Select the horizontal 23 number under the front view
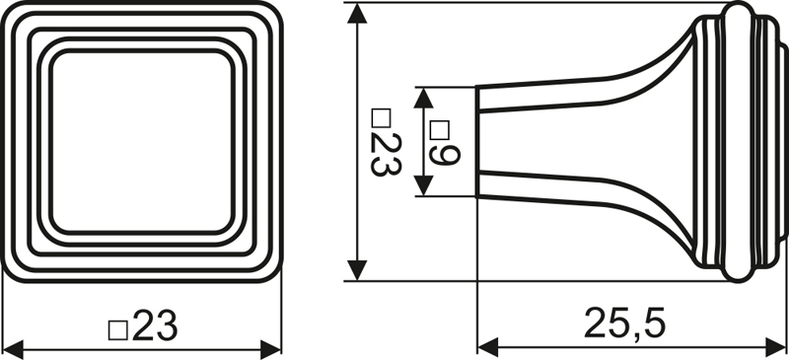pyautogui.click(x=154, y=324)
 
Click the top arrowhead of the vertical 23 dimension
pyautogui.click(x=357, y=15)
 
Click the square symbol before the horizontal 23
pyautogui.click(x=117, y=328)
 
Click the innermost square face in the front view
pyautogui.click(x=143, y=141)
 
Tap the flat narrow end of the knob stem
pyautogui.click(x=478, y=141)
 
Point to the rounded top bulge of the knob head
pyautogui.click(x=737, y=14)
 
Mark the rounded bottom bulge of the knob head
pyautogui.click(x=737, y=267)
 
